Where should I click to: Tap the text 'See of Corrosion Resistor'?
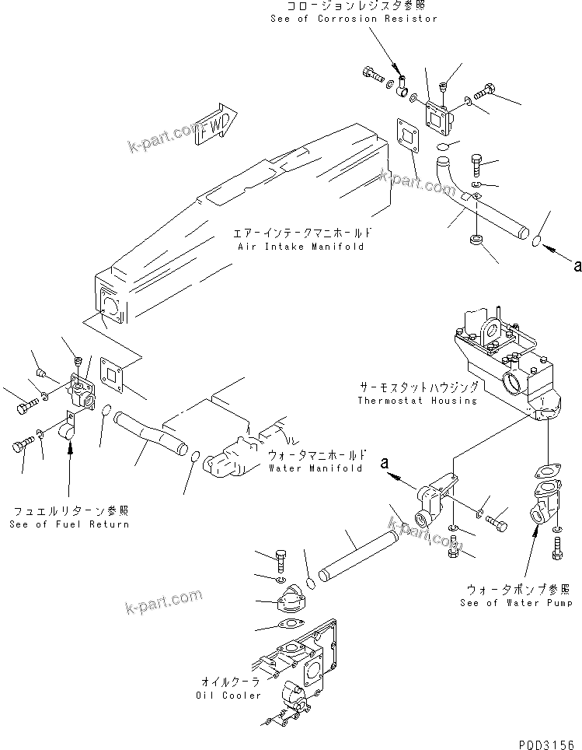tap(354, 19)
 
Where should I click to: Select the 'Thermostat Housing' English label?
tap(417, 401)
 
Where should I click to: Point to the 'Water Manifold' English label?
tap(315, 469)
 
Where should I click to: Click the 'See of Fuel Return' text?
tap(69, 524)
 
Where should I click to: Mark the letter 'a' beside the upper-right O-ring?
tap(577, 266)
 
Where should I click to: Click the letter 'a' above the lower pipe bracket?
tap(385, 464)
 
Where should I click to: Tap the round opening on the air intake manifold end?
tap(110, 304)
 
